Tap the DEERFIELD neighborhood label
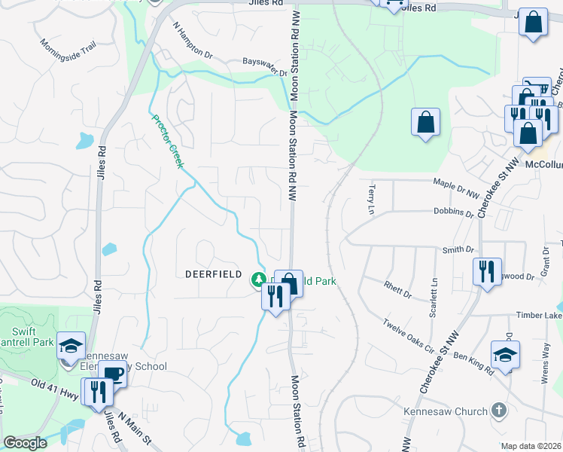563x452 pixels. point(213,275)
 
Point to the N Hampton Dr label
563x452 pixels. point(193,42)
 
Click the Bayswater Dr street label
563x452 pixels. point(265,67)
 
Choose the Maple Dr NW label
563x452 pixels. point(456,182)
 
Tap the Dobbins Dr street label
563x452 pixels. point(454,212)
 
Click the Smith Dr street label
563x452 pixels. point(458,249)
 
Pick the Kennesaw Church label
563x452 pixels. point(446,411)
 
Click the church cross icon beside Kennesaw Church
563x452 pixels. point(497,411)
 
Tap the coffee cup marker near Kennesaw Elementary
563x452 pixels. point(113,374)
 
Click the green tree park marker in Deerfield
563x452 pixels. point(258,280)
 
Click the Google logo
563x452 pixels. point(25,443)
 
